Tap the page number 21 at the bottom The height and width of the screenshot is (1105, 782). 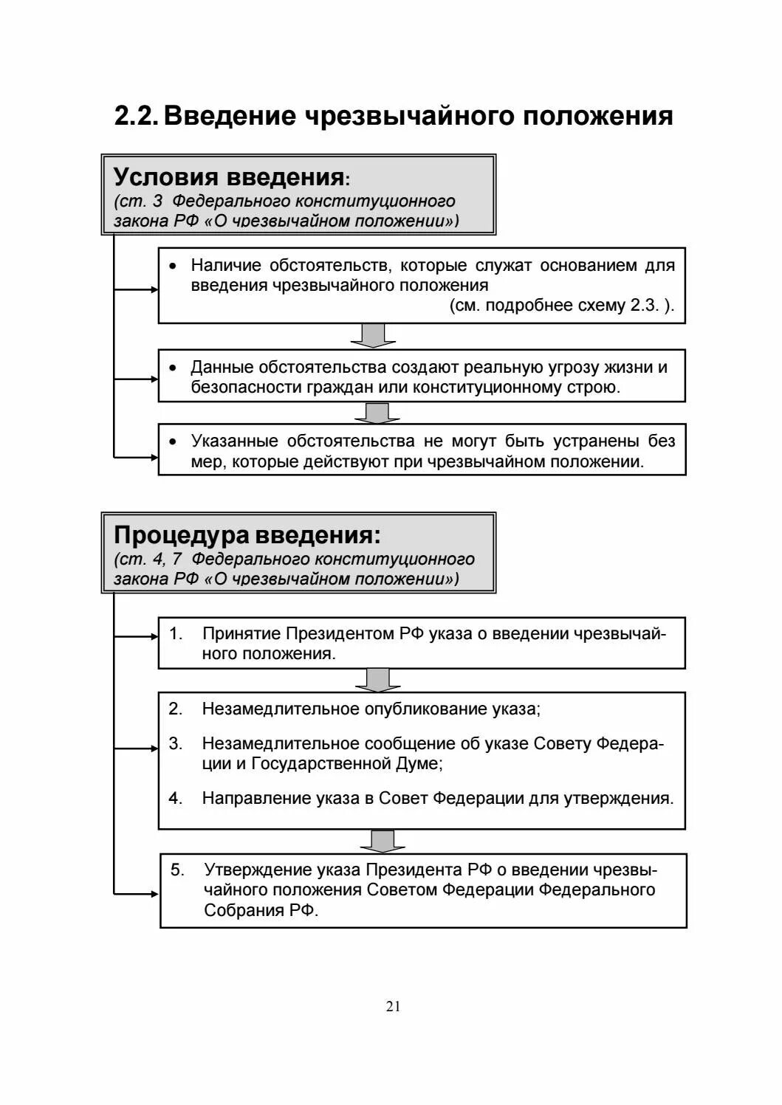click(393, 1006)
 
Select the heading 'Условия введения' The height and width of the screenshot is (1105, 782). click(228, 177)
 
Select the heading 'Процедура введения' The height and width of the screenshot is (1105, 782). click(246, 535)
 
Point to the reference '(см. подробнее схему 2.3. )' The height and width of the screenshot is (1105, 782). click(561, 306)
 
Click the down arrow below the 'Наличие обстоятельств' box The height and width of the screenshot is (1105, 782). click(373, 335)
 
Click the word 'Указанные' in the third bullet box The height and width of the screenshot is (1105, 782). click(234, 441)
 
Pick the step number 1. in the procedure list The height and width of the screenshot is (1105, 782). click(176, 633)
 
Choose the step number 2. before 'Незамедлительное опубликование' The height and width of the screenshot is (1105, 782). click(176, 709)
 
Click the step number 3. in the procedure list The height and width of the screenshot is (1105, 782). click(176, 743)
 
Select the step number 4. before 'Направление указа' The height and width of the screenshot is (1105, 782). click(176, 798)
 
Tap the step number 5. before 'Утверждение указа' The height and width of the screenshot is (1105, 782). click(177, 870)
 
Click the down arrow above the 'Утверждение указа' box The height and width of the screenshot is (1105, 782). click(382, 841)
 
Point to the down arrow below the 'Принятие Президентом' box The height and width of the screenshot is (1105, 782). click(377, 680)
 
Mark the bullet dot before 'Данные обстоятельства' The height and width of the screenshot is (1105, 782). click(173, 368)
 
